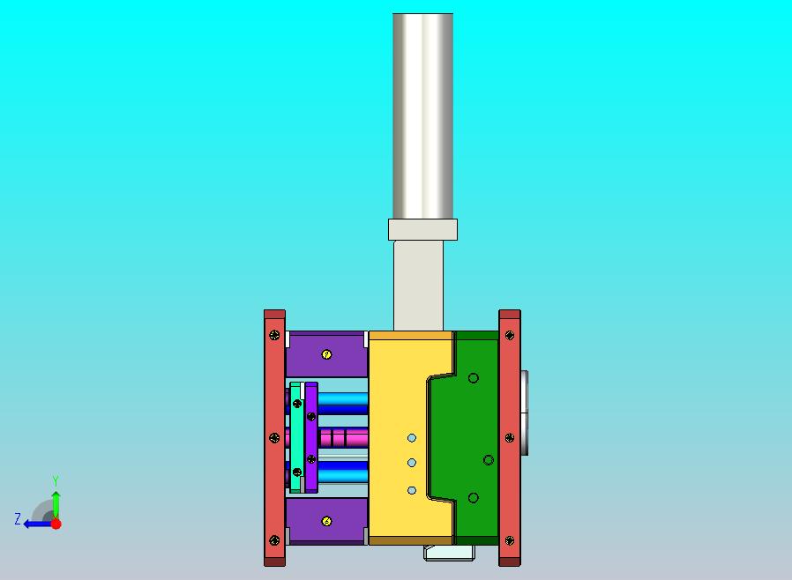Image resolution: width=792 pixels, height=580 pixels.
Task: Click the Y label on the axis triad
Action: tap(56, 481)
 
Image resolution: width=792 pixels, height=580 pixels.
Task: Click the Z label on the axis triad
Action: tap(17, 519)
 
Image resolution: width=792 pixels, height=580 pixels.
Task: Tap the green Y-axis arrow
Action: tap(56, 502)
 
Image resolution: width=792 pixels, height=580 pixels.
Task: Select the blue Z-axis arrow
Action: tap(35, 524)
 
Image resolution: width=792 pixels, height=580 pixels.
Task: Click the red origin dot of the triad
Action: tap(56, 524)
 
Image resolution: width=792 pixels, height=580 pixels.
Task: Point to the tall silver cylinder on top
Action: tap(422, 115)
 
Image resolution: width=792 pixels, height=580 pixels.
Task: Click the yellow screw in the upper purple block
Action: tap(326, 354)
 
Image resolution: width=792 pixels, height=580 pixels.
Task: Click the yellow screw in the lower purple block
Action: tap(326, 522)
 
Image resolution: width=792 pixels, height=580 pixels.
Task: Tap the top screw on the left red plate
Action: tap(275, 335)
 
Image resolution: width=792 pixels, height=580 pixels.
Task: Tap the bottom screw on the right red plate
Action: tap(510, 540)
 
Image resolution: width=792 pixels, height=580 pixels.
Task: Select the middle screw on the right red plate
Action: tap(510, 437)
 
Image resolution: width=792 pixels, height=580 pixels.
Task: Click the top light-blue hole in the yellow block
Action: tap(412, 438)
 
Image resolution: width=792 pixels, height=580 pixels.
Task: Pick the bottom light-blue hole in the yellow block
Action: tap(412, 490)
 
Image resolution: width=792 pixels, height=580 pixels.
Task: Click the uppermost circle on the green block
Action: tap(474, 378)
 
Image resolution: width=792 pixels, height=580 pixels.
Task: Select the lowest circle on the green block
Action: tap(474, 498)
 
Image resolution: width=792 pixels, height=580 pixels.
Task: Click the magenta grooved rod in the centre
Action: tap(344, 437)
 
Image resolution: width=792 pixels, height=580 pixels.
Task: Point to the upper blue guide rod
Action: tap(342, 403)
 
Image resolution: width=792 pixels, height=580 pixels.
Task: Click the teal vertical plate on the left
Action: tap(295, 436)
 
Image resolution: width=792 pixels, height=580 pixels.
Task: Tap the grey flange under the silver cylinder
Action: tap(422, 230)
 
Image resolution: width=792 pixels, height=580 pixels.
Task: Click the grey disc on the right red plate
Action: tap(525, 412)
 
